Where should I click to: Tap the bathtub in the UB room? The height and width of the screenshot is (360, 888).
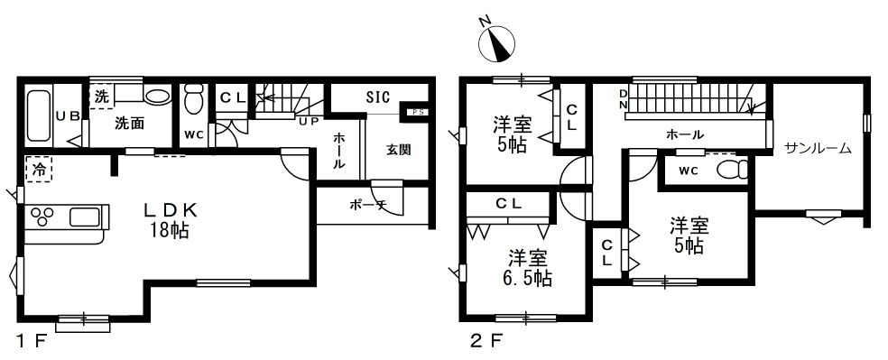(39, 116)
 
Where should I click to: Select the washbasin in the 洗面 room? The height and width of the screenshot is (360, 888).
(156, 96)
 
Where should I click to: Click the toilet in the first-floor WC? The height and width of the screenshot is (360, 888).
(194, 99)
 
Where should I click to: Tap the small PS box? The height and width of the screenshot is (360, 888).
(416, 112)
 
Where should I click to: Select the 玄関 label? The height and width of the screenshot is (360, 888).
(399, 151)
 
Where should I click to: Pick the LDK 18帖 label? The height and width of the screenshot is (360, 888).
(170, 221)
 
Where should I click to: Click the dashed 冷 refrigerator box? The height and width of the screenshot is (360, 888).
(39, 170)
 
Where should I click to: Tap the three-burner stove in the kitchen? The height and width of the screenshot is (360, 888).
(42, 217)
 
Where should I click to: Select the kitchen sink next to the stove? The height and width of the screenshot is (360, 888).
(85, 217)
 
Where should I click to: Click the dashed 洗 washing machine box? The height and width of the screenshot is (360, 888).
(102, 97)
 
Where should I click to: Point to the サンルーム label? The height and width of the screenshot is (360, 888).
(818, 148)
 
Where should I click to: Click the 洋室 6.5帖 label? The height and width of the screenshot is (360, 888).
(527, 268)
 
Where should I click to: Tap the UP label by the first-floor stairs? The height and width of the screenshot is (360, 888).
(308, 122)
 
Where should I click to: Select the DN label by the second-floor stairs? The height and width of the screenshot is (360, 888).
(623, 99)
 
